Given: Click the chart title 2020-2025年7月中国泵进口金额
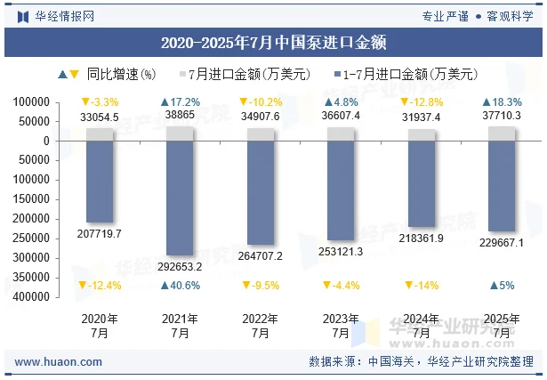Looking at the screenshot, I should click(x=273, y=42).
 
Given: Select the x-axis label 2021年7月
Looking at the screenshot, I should click(x=180, y=326).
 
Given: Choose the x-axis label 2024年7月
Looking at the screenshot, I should click(x=421, y=326).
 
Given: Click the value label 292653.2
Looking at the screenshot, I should click(x=179, y=266).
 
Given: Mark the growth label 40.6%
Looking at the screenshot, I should click(x=180, y=286).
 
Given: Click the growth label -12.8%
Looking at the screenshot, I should click(x=421, y=102).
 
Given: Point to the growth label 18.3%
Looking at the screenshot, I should click(x=502, y=102).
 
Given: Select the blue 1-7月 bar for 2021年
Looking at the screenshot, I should click(x=180, y=198).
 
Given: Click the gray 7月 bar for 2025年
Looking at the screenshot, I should click(x=502, y=133).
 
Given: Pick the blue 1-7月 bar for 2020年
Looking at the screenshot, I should click(x=100, y=182).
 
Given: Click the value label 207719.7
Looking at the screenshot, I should click(x=100, y=233).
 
